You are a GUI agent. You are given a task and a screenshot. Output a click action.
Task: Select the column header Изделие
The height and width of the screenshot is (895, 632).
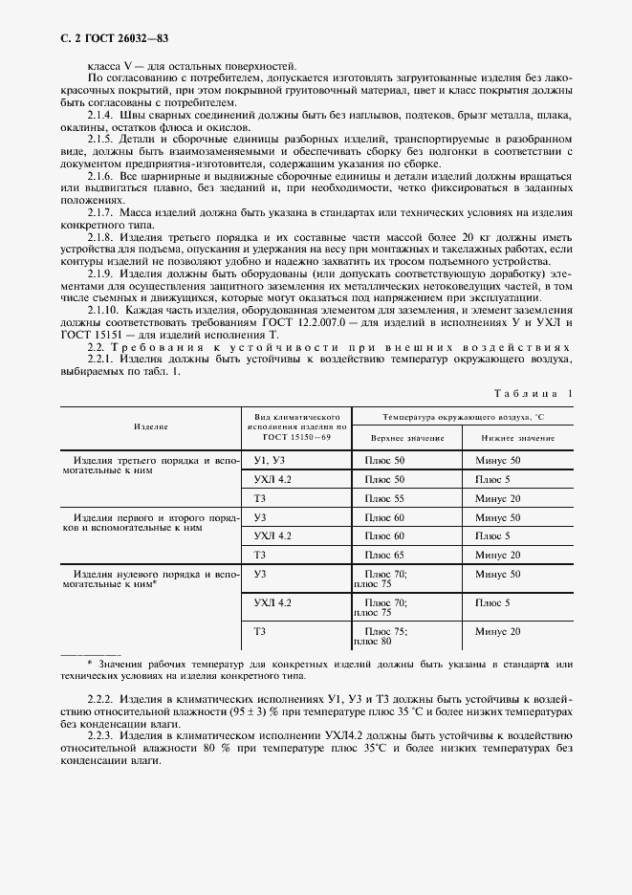[151, 426]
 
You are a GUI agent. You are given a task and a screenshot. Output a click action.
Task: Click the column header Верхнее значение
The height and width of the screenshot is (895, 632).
[407, 437]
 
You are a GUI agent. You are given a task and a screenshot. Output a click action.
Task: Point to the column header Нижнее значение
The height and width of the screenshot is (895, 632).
[517, 437]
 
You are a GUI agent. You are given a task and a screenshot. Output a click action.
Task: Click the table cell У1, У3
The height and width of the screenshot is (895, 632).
[272, 460]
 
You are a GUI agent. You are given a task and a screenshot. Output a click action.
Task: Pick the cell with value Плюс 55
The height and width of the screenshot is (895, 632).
[385, 498]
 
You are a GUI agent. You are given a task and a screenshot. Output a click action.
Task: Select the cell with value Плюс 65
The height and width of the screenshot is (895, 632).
[385, 555]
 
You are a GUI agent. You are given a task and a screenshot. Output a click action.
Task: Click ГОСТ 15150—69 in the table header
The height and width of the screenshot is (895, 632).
[297, 437]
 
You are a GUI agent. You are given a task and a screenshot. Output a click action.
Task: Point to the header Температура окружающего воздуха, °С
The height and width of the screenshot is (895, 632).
[462, 418]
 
